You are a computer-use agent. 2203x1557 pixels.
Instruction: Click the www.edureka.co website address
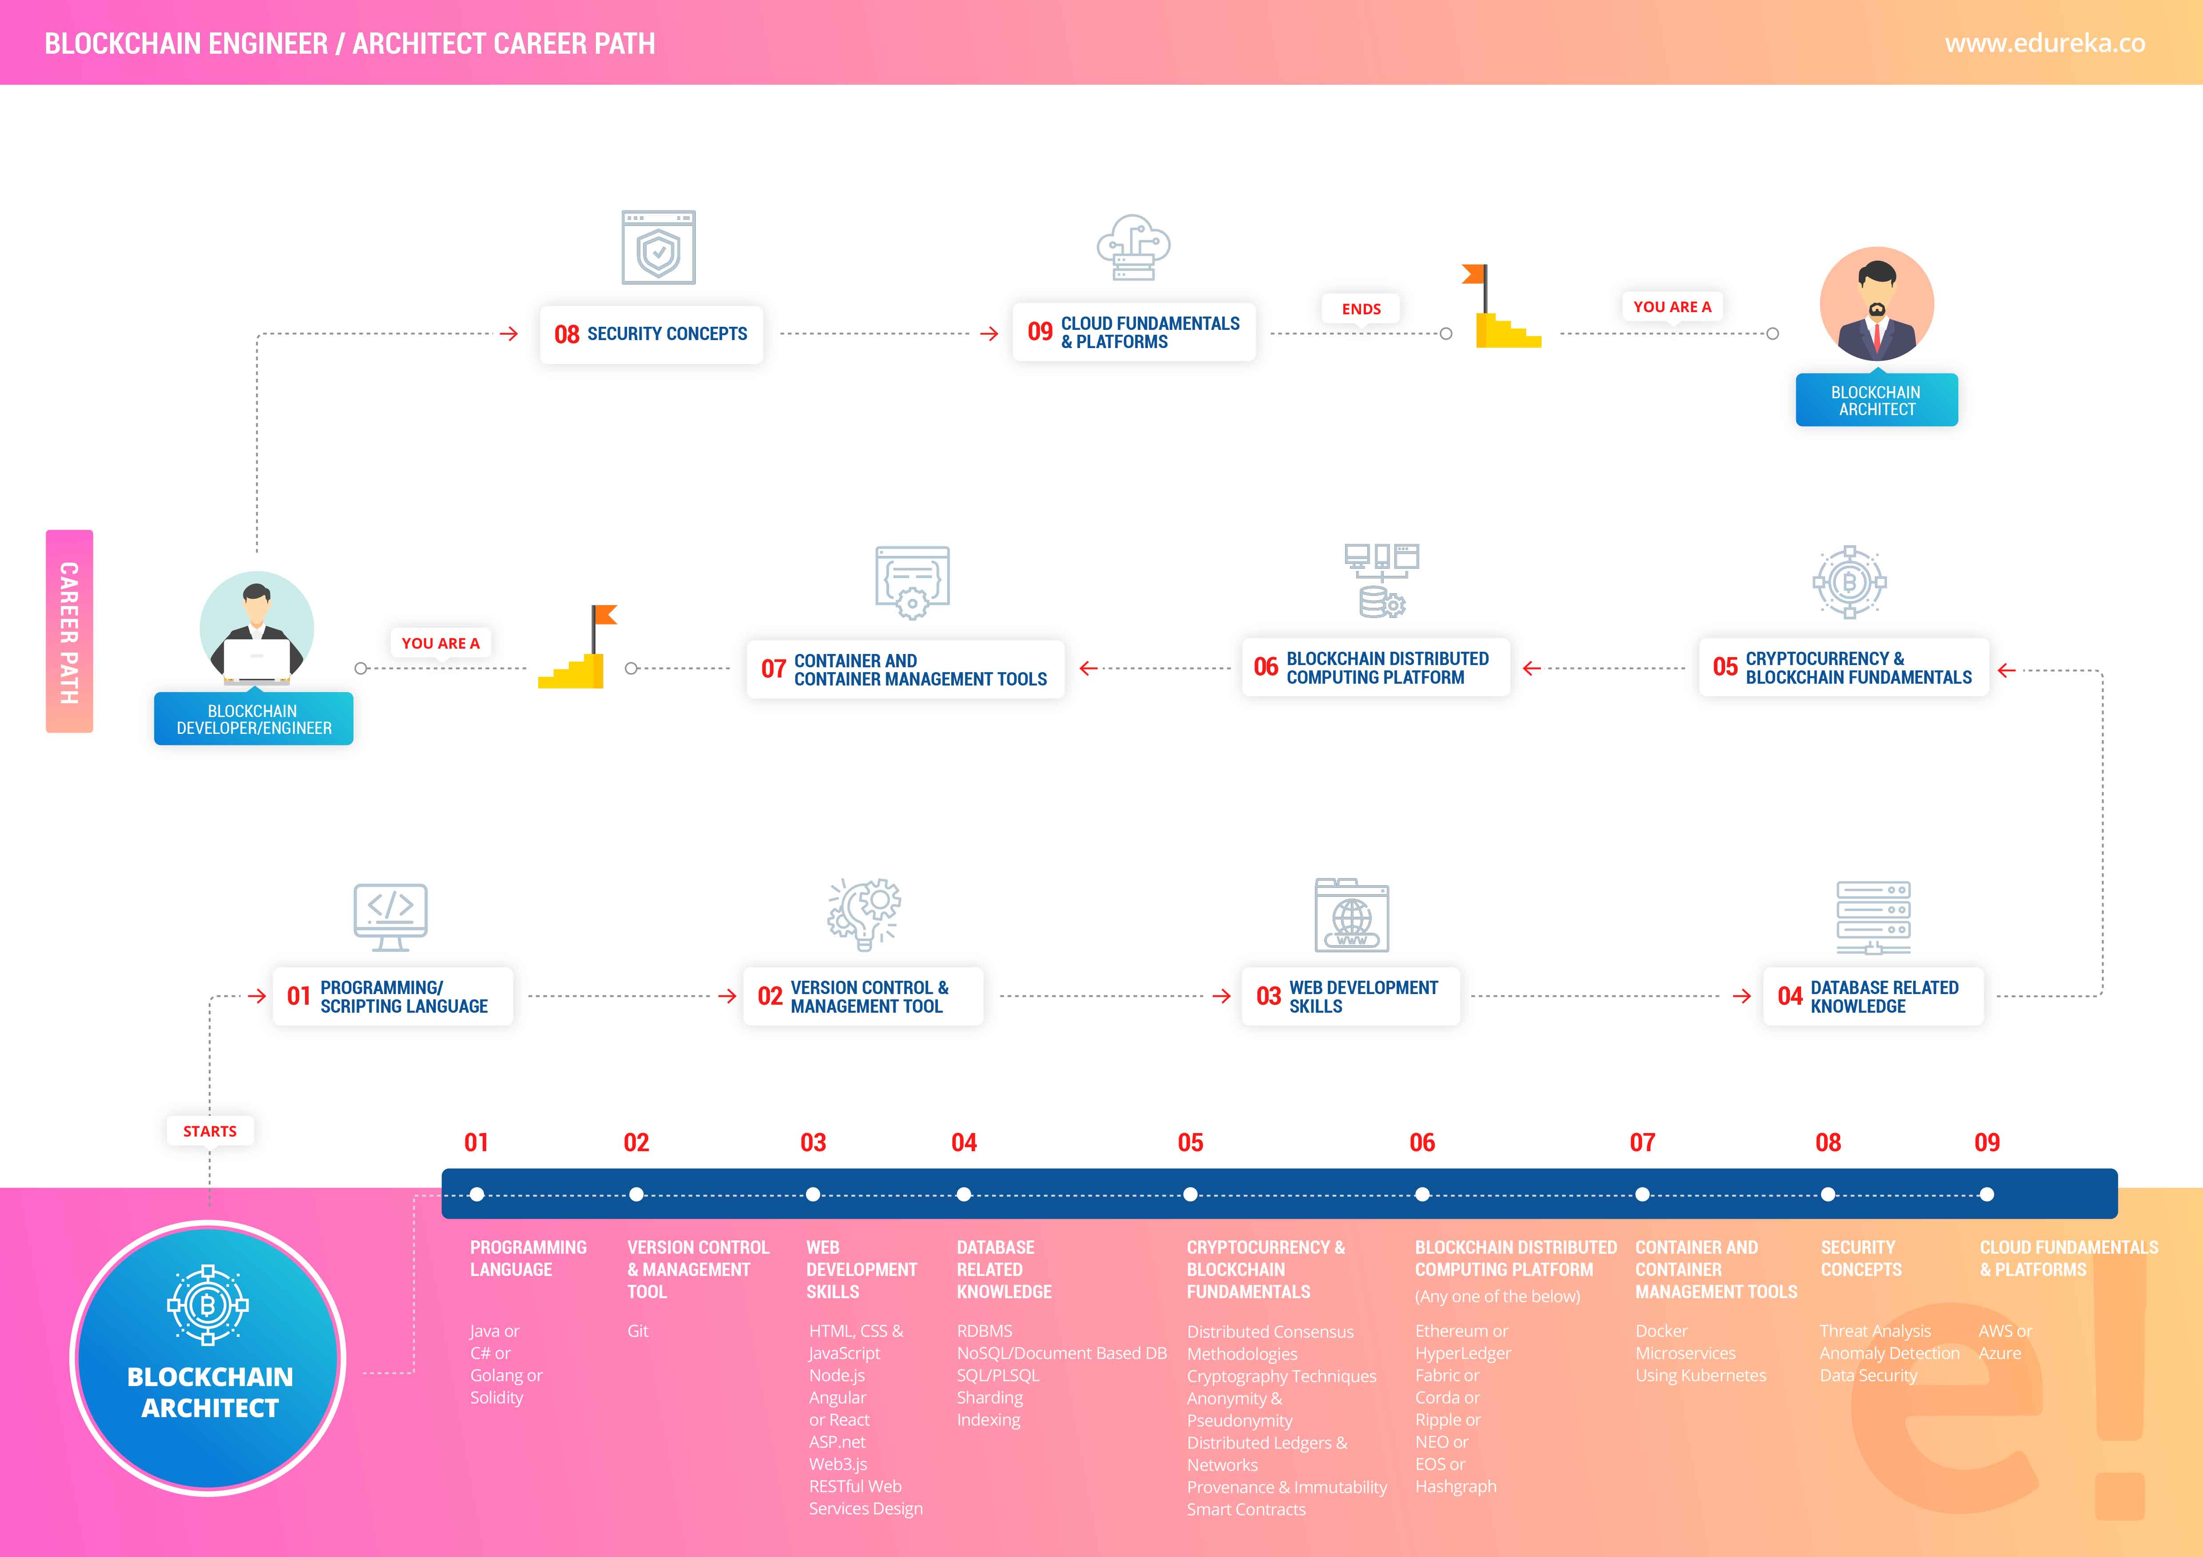click(2044, 43)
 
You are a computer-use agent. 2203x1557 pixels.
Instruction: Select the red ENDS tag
click(1361, 309)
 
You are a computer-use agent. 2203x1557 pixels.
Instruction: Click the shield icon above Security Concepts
click(658, 247)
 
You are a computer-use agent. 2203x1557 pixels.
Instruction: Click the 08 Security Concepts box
click(651, 334)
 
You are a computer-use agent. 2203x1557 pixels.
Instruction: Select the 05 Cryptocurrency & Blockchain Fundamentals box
click(1843, 668)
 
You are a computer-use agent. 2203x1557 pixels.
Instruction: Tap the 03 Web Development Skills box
click(1350, 997)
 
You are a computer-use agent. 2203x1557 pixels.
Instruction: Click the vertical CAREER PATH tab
click(69, 631)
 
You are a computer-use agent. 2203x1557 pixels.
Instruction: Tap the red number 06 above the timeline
click(1422, 1143)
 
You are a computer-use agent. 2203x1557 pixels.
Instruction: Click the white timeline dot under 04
click(963, 1194)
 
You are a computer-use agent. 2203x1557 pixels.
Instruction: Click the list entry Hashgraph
click(1456, 1486)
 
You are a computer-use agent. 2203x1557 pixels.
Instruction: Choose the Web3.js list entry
click(838, 1464)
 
